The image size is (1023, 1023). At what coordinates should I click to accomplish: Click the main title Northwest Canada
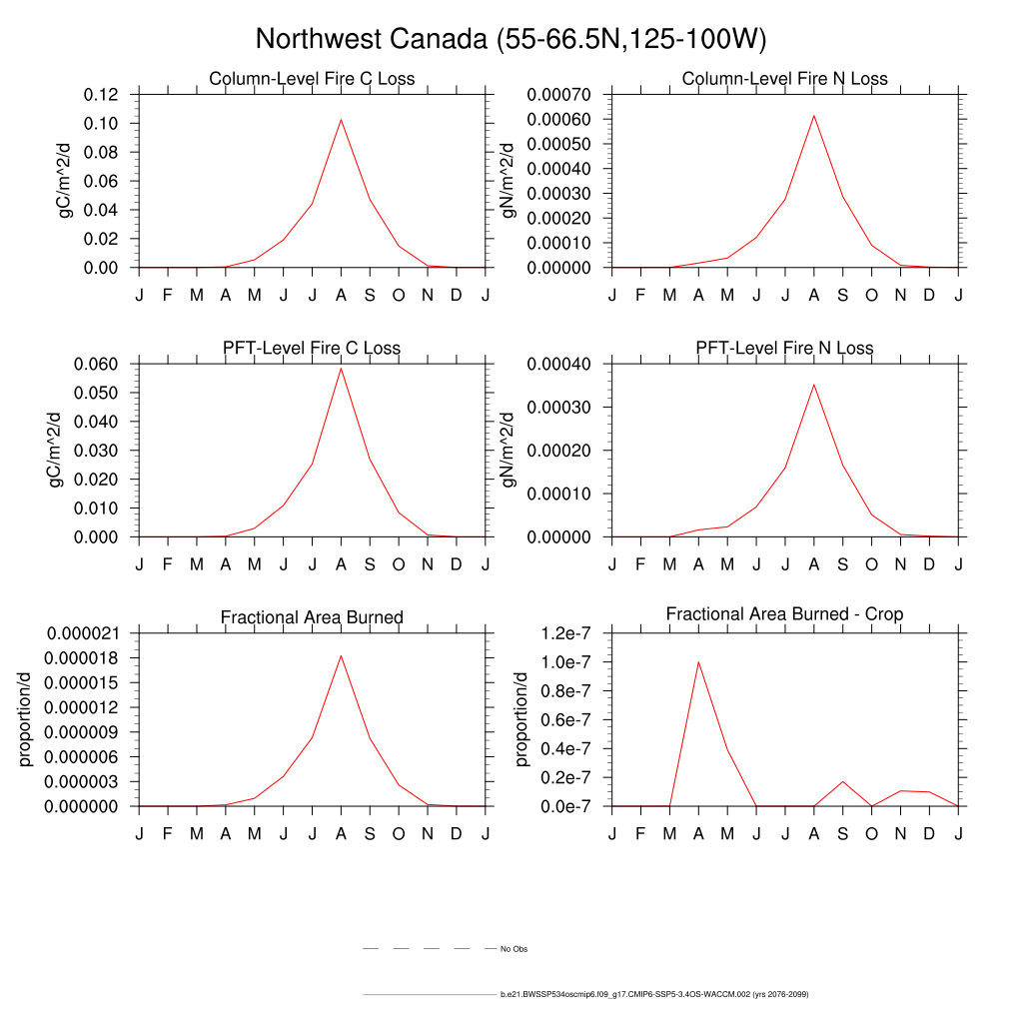coord(511,39)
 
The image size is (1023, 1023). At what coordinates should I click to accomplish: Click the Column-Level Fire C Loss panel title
coord(312,79)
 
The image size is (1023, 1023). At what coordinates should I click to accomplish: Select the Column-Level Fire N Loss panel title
coord(784,79)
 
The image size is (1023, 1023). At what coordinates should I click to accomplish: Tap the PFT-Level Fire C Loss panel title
coord(312,349)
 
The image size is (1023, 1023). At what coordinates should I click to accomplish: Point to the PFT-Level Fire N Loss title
coord(784,349)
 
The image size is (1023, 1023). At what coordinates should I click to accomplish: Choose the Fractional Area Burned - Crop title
coord(784,614)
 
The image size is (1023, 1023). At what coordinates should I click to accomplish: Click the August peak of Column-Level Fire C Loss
coord(341,120)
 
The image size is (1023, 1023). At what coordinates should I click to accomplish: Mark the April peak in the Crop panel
coord(698,661)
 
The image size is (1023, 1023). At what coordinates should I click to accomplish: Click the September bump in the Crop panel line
coord(842,781)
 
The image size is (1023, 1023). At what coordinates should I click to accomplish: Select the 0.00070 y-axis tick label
coord(554,95)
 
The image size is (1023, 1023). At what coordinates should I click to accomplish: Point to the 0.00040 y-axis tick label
coord(554,364)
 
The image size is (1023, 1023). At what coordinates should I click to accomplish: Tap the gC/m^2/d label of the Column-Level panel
coord(66,180)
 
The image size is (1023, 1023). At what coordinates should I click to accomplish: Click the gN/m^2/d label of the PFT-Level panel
coord(510,450)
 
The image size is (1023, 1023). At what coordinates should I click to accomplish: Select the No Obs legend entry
coord(513,948)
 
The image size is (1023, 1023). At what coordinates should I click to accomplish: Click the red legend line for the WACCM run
coord(430,995)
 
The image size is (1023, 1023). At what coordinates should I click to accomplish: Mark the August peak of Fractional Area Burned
coord(341,656)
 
